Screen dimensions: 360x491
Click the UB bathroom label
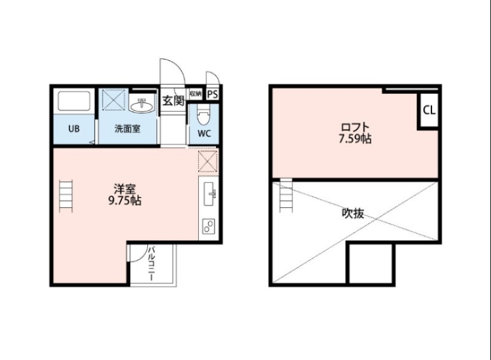tap(74, 129)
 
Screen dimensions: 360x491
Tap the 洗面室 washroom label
tap(128, 129)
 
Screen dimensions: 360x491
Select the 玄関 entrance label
tap(173, 101)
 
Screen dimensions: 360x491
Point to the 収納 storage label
tap(196, 94)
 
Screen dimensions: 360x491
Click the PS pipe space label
tap(212, 94)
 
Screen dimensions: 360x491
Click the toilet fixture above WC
tap(204, 114)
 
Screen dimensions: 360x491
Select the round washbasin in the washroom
tap(143, 106)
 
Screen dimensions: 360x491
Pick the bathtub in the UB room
tap(74, 101)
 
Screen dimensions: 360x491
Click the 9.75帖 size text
tap(125, 201)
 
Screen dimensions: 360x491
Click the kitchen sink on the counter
tap(209, 196)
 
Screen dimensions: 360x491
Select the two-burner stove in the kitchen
tap(209, 227)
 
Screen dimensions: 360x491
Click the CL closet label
tap(429, 111)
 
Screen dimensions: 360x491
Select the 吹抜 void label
tap(353, 214)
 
